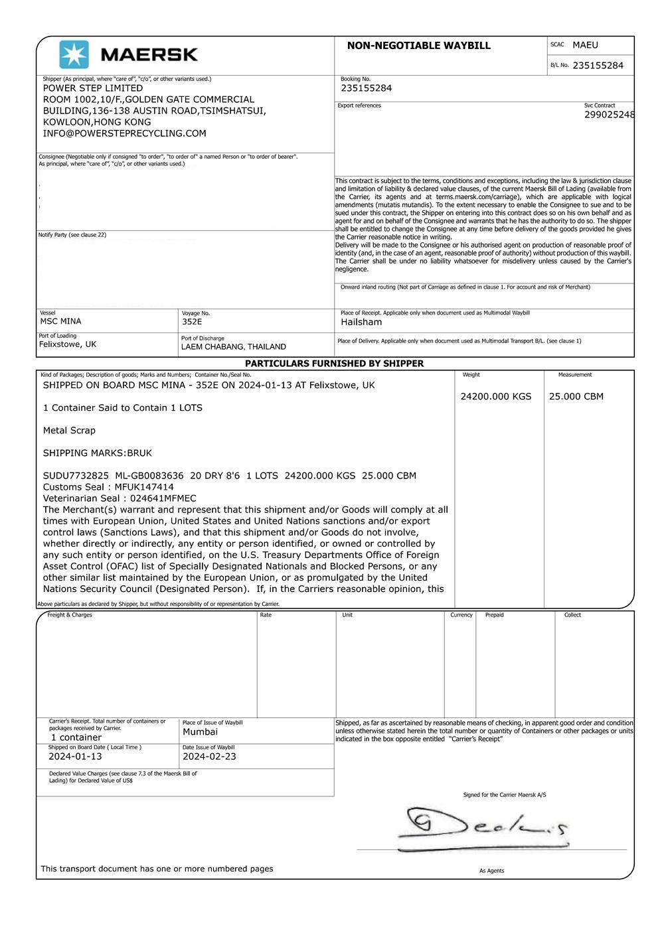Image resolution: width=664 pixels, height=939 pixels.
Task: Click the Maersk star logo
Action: click(74, 54)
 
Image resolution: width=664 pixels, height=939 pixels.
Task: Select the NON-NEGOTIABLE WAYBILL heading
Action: click(418, 46)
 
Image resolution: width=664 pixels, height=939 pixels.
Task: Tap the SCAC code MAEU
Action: click(585, 45)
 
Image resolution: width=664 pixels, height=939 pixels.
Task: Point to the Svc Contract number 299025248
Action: click(609, 115)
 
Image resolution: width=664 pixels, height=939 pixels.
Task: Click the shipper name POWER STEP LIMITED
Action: click(93, 88)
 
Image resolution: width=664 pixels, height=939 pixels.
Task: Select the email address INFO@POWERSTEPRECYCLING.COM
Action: click(124, 133)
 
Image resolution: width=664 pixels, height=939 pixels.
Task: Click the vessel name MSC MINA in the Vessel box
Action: click(61, 322)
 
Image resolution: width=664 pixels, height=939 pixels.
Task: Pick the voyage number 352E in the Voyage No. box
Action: click(192, 322)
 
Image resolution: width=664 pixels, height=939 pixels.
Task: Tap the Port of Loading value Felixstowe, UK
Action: click(68, 344)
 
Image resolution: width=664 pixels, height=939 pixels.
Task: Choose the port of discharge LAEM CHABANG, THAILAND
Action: click(234, 346)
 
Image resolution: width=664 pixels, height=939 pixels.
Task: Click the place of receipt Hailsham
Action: click(361, 323)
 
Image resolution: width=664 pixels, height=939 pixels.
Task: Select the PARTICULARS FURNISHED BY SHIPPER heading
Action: click(334, 364)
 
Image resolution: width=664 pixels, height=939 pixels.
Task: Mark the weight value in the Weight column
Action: click(496, 397)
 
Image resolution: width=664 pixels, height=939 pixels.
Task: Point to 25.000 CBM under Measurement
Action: click(576, 397)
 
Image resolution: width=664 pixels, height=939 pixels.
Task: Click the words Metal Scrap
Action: click(69, 431)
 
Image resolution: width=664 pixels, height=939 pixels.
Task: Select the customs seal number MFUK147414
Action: click(144, 487)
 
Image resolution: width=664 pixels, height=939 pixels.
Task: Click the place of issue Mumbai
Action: click(200, 732)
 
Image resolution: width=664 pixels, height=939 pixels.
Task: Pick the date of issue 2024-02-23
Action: click(209, 757)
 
